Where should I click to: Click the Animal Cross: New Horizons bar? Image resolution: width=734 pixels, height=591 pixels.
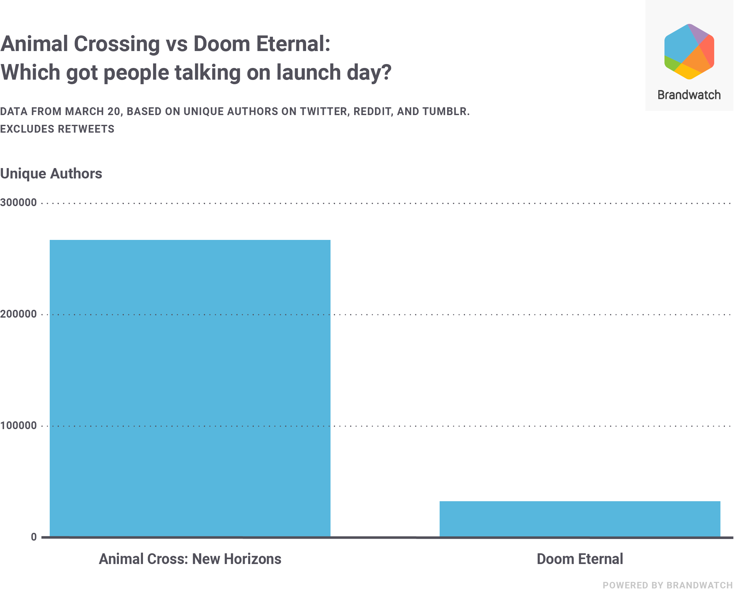point(190,388)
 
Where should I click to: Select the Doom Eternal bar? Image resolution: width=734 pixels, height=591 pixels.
point(580,519)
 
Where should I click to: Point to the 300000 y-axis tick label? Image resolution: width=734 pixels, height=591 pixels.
point(19,203)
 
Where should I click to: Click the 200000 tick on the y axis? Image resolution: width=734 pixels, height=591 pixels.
point(19,314)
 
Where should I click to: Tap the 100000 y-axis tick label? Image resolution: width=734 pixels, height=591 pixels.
point(19,426)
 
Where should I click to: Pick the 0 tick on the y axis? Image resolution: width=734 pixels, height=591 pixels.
point(34,537)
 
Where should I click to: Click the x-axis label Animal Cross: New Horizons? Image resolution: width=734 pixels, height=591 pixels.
point(190,559)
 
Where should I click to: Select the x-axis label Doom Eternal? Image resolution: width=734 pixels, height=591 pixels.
point(580,559)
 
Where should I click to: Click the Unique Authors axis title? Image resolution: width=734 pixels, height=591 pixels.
point(51,173)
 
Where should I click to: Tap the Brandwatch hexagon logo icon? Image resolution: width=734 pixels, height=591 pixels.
point(689,52)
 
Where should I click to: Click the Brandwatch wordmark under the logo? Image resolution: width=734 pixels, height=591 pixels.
point(689,95)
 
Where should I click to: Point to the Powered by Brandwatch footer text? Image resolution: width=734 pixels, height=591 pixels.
point(668,585)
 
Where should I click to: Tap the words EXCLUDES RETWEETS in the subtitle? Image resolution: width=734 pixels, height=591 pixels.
point(57,129)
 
